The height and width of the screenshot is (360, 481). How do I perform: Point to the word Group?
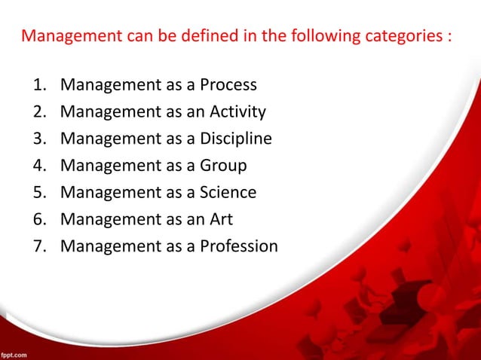click(x=222, y=166)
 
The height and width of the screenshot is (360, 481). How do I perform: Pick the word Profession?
click(x=239, y=246)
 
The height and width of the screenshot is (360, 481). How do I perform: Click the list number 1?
click(x=38, y=84)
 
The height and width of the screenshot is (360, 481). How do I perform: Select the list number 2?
click(x=38, y=112)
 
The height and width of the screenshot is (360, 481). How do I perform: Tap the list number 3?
click(x=38, y=139)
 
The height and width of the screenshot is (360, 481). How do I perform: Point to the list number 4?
click(x=38, y=166)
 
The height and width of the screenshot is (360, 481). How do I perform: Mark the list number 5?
click(x=38, y=193)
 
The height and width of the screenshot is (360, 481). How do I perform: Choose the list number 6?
click(x=38, y=220)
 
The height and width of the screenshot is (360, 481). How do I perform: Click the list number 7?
click(x=38, y=246)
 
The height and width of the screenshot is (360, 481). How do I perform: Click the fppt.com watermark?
click(x=16, y=352)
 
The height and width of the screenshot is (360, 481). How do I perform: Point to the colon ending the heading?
click(x=449, y=38)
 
